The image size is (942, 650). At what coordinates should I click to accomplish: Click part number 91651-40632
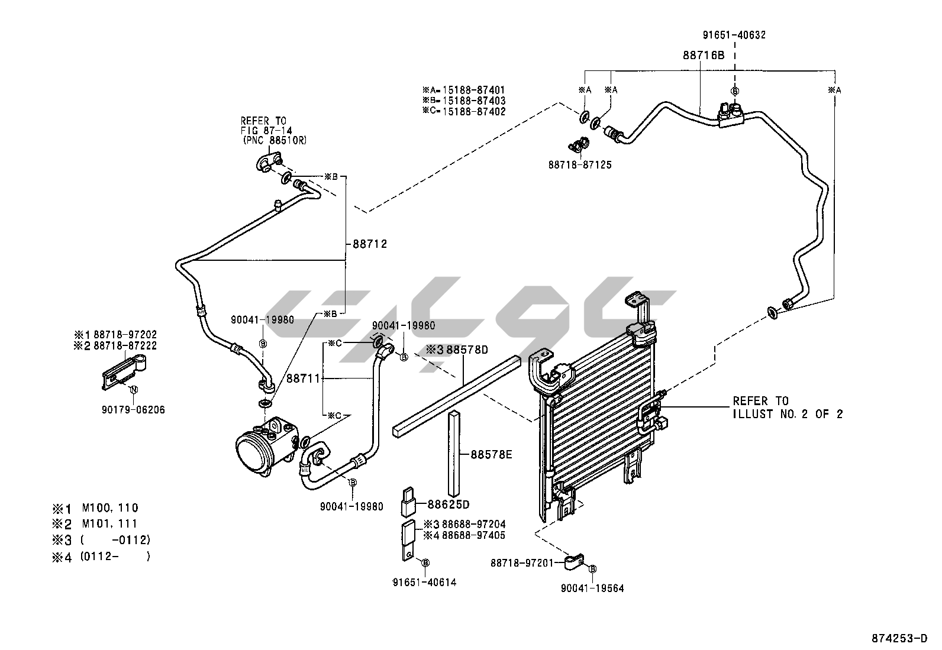pos(734,35)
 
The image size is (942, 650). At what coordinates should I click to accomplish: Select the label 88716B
pos(703,55)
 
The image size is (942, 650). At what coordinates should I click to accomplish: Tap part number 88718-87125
pos(579,165)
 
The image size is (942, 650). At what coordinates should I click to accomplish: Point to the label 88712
pos(370,244)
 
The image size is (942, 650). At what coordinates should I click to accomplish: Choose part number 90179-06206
pos(134,409)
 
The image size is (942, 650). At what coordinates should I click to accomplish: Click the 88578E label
pos(491,455)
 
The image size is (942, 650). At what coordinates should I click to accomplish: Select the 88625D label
pos(448,505)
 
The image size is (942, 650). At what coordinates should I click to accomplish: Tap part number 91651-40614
pos(424,582)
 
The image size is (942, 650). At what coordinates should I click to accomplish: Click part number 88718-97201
pos(521,562)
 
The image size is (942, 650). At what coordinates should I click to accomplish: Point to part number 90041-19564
pos(593,588)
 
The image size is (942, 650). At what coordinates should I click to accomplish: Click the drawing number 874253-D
pos(899,638)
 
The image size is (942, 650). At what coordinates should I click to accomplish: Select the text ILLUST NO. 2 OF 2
pos(787,414)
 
